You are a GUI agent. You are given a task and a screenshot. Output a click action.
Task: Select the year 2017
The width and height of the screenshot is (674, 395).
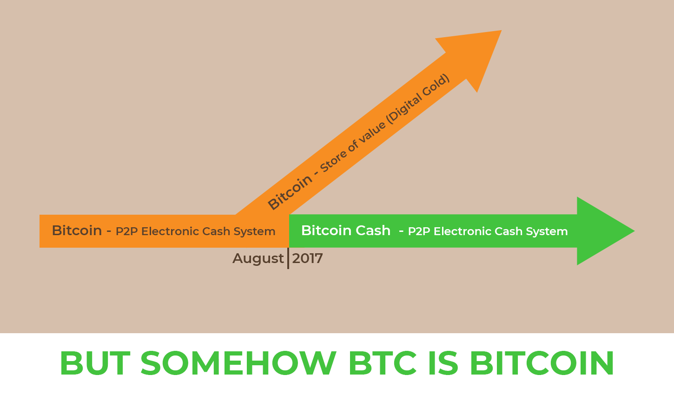click(x=308, y=258)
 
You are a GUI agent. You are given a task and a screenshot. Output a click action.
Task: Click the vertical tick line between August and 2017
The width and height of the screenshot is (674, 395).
click(x=288, y=258)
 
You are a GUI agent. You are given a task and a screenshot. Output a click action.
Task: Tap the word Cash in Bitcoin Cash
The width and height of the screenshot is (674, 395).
click(x=373, y=231)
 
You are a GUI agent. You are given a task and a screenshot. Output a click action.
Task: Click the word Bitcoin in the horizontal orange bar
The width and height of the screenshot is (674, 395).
click(x=77, y=231)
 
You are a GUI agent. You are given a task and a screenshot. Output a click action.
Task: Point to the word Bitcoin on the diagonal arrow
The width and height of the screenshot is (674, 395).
click(x=290, y=192)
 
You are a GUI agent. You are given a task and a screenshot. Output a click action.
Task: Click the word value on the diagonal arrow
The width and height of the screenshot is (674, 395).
click(x=371, y=132)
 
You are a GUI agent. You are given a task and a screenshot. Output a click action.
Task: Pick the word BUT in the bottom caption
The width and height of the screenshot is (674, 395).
click(x=95, y=363)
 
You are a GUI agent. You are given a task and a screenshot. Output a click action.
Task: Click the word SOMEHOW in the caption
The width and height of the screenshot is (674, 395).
click(x=238, y=363)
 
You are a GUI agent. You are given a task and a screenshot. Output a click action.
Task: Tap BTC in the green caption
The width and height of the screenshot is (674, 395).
click(x=383, y=363)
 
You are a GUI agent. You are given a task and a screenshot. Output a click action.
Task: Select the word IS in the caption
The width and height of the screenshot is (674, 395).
click(x=443, y=363)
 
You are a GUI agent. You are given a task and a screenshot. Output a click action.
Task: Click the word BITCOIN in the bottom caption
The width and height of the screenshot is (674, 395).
click(x=542, y=363)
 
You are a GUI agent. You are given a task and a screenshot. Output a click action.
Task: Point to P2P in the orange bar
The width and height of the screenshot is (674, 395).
click(x=127, y=231)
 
